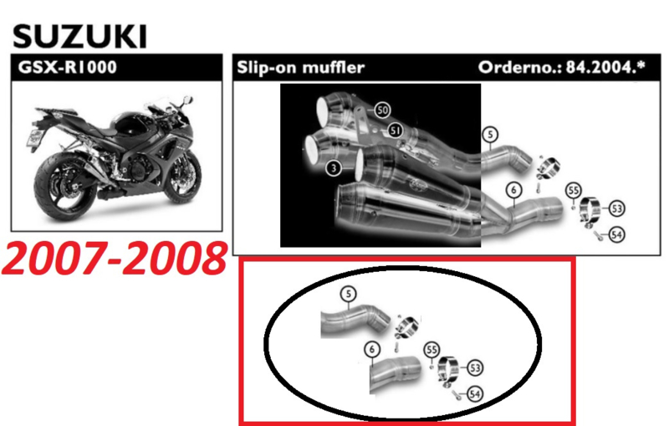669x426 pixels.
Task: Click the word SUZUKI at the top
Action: (79, 36)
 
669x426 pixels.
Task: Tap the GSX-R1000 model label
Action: (68, 67)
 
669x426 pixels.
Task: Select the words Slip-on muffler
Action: (301, 67)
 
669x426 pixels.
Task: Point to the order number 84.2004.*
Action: (605, 67)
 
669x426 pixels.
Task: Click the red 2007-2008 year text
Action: (115, 259)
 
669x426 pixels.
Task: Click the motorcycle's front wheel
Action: (183, 178)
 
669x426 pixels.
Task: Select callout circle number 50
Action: (382, 110)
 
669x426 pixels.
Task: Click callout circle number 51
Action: (395, 131)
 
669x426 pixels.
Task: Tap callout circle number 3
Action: (333, 167)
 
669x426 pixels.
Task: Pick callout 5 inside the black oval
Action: (349, 294)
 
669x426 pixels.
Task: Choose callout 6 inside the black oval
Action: (372, 350)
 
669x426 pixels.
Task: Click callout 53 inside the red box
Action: (475, 367)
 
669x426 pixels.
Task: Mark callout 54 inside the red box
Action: (475, 393)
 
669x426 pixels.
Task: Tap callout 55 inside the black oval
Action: (432, 350)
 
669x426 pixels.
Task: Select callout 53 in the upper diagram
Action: (616, 208)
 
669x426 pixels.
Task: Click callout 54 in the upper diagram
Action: (616, 234)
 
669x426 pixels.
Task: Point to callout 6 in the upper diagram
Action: (513, 190)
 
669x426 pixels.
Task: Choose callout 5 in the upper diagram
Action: (490, 135)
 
